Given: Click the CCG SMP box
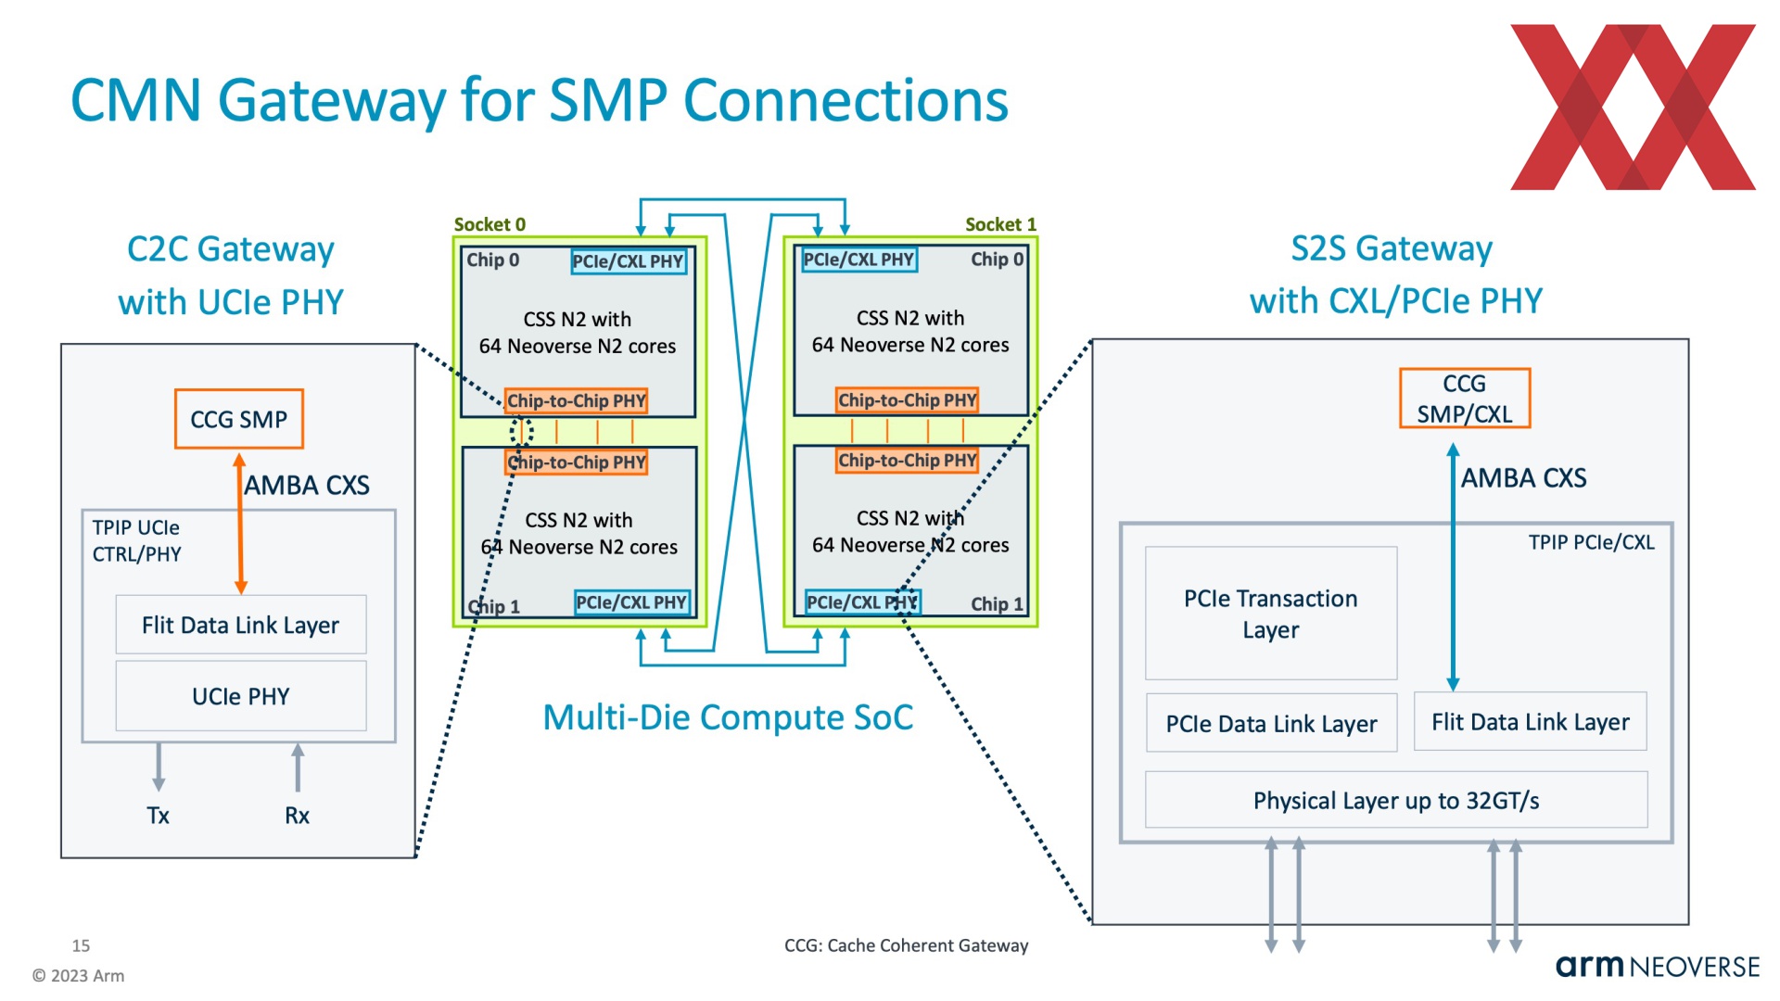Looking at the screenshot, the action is point(239,419).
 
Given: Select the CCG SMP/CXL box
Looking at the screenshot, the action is point(1464,399).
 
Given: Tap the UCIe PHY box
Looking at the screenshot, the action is point(241,696).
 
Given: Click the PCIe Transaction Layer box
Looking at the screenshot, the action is point(1271,614).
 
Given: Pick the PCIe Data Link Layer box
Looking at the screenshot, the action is point(1271,723).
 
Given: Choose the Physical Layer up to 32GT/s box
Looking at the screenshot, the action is point(1396,800).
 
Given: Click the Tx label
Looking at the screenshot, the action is point(158,816).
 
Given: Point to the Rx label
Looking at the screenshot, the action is point(297,816).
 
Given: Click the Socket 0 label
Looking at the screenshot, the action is point(489,224).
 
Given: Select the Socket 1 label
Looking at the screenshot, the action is point(1000,224).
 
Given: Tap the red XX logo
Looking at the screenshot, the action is point(1633,108).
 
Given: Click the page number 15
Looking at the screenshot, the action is point(81,945).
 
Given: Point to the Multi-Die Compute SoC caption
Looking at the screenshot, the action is point(728,717).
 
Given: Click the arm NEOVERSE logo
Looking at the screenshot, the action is point(1658,967).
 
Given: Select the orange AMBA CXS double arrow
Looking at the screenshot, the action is point(240,524).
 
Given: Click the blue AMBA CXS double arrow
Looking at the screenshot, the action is point(1453,566).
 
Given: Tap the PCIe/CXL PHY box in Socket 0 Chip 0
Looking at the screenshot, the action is point(629,261).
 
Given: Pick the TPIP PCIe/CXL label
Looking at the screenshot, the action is point(1591,542).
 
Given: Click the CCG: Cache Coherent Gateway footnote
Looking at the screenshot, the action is point(906,945).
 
